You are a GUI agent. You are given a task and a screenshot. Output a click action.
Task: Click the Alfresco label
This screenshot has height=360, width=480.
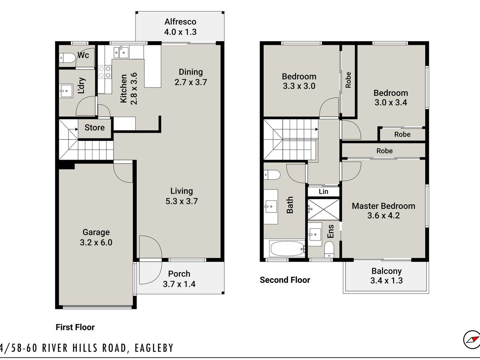[180, 22]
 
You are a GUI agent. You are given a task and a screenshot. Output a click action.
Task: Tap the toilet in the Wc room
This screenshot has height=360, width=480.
[67, 58]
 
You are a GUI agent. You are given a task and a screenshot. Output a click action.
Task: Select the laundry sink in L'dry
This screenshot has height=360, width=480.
[66, 91]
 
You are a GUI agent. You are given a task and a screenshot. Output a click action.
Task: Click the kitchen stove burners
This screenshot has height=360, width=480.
[104, 72]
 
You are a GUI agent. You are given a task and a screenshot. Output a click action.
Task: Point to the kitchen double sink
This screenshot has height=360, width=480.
[121, 52]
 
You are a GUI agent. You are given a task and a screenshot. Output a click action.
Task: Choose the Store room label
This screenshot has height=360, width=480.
[94, 128]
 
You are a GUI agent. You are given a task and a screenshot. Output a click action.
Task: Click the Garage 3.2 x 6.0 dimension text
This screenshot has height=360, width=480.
[96, 242]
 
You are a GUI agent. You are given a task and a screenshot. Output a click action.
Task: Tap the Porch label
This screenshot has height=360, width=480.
[179, 274]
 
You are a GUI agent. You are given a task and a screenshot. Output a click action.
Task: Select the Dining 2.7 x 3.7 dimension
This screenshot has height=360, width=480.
[191, 82]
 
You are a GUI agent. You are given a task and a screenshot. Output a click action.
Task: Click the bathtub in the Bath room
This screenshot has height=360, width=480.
[287, 248]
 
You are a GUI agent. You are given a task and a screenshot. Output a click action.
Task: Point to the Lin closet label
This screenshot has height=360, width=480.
[324, 192]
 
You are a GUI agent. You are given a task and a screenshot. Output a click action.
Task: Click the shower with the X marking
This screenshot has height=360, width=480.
[324, 209]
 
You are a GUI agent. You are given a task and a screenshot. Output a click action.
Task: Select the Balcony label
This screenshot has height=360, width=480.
[386, 271]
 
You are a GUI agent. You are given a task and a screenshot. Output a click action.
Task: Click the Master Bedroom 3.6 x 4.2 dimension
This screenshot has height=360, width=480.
[384, 216]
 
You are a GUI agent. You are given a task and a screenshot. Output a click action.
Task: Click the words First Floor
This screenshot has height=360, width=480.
[75, 327]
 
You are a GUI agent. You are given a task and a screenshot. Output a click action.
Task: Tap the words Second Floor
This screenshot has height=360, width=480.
[285, 280]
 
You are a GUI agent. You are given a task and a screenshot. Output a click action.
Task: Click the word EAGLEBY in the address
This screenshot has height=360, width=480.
[154, 348]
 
